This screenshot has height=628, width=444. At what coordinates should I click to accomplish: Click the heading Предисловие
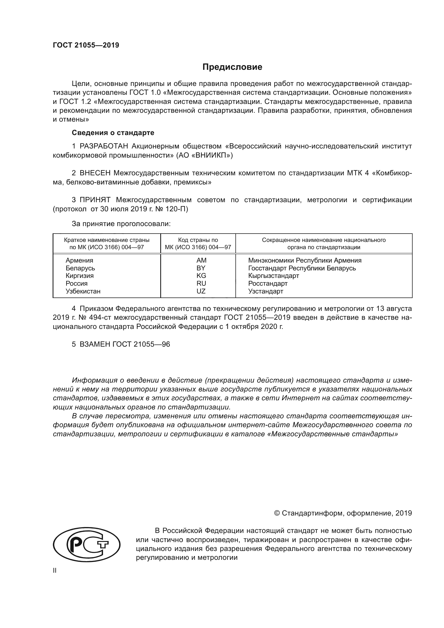pos(232,67)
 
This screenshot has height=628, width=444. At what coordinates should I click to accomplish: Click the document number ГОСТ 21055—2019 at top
pos(86,45)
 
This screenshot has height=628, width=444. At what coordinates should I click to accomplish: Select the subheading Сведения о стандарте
pos(113,133)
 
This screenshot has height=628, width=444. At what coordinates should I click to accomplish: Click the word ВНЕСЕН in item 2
pos(95,173)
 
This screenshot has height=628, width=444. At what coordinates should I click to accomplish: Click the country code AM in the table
pos(201,260)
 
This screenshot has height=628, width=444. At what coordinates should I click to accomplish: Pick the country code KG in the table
pos(201,276)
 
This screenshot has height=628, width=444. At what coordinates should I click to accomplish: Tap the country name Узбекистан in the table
pos(83,291)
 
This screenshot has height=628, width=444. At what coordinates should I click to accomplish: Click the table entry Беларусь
pos(80,268)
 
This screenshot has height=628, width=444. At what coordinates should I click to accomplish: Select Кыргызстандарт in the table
pos(273,276)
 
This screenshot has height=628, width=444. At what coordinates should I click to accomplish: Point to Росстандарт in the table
pos(268,283)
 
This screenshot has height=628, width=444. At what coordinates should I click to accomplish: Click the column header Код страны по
pos(198,240)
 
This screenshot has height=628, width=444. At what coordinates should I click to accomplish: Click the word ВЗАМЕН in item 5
pos(95,344)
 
